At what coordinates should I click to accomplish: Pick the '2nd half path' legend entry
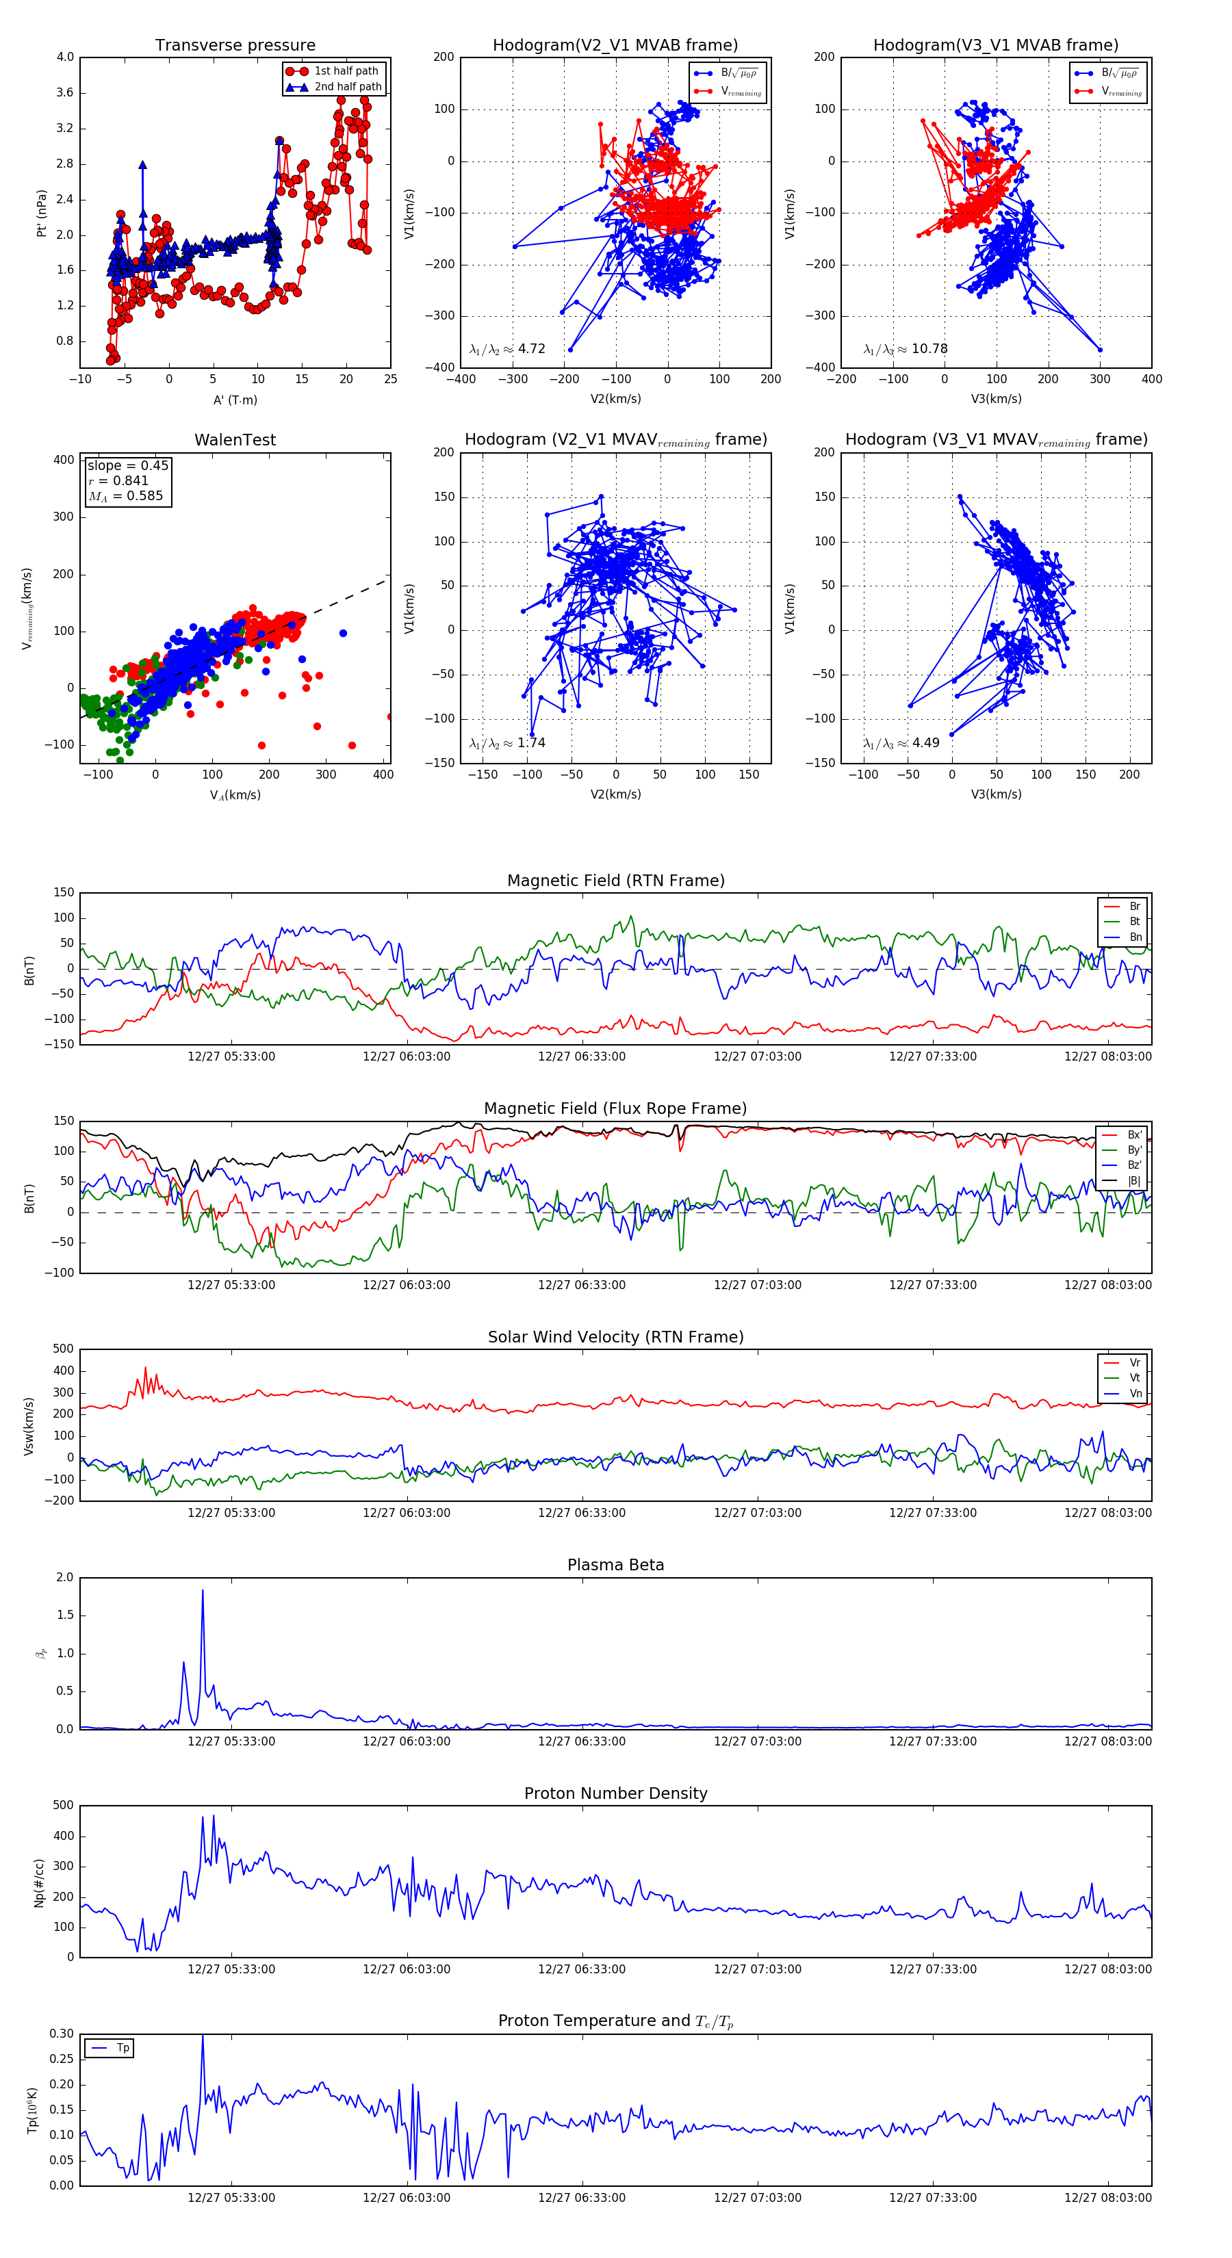click(x=347, y=87)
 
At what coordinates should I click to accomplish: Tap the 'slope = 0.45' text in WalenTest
click(x=127, y=465)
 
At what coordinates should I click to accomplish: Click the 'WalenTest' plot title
click(x=235, y=440)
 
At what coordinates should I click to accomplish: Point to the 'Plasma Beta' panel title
click(x=615, y=1565)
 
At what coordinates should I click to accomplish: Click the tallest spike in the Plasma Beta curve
click(x=203, y=1591)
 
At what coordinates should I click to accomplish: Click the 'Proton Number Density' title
click(x=615, y=1793)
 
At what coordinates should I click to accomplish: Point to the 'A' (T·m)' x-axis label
click(x=235, y=400)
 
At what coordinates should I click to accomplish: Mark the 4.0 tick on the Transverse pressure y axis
click(x=66, y=57)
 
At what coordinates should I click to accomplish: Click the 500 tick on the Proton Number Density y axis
click(x=63, y=1806)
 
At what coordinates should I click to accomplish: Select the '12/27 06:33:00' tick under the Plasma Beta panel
click(x=581, y=1741)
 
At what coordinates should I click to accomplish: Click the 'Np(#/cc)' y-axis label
click(x=38, y=1882)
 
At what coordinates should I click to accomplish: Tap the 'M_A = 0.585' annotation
click(x=125, y=496)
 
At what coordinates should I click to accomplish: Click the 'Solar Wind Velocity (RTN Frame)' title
click(x=615, y=1337)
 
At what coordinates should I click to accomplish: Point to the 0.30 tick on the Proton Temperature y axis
click(x=62, y=2034)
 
